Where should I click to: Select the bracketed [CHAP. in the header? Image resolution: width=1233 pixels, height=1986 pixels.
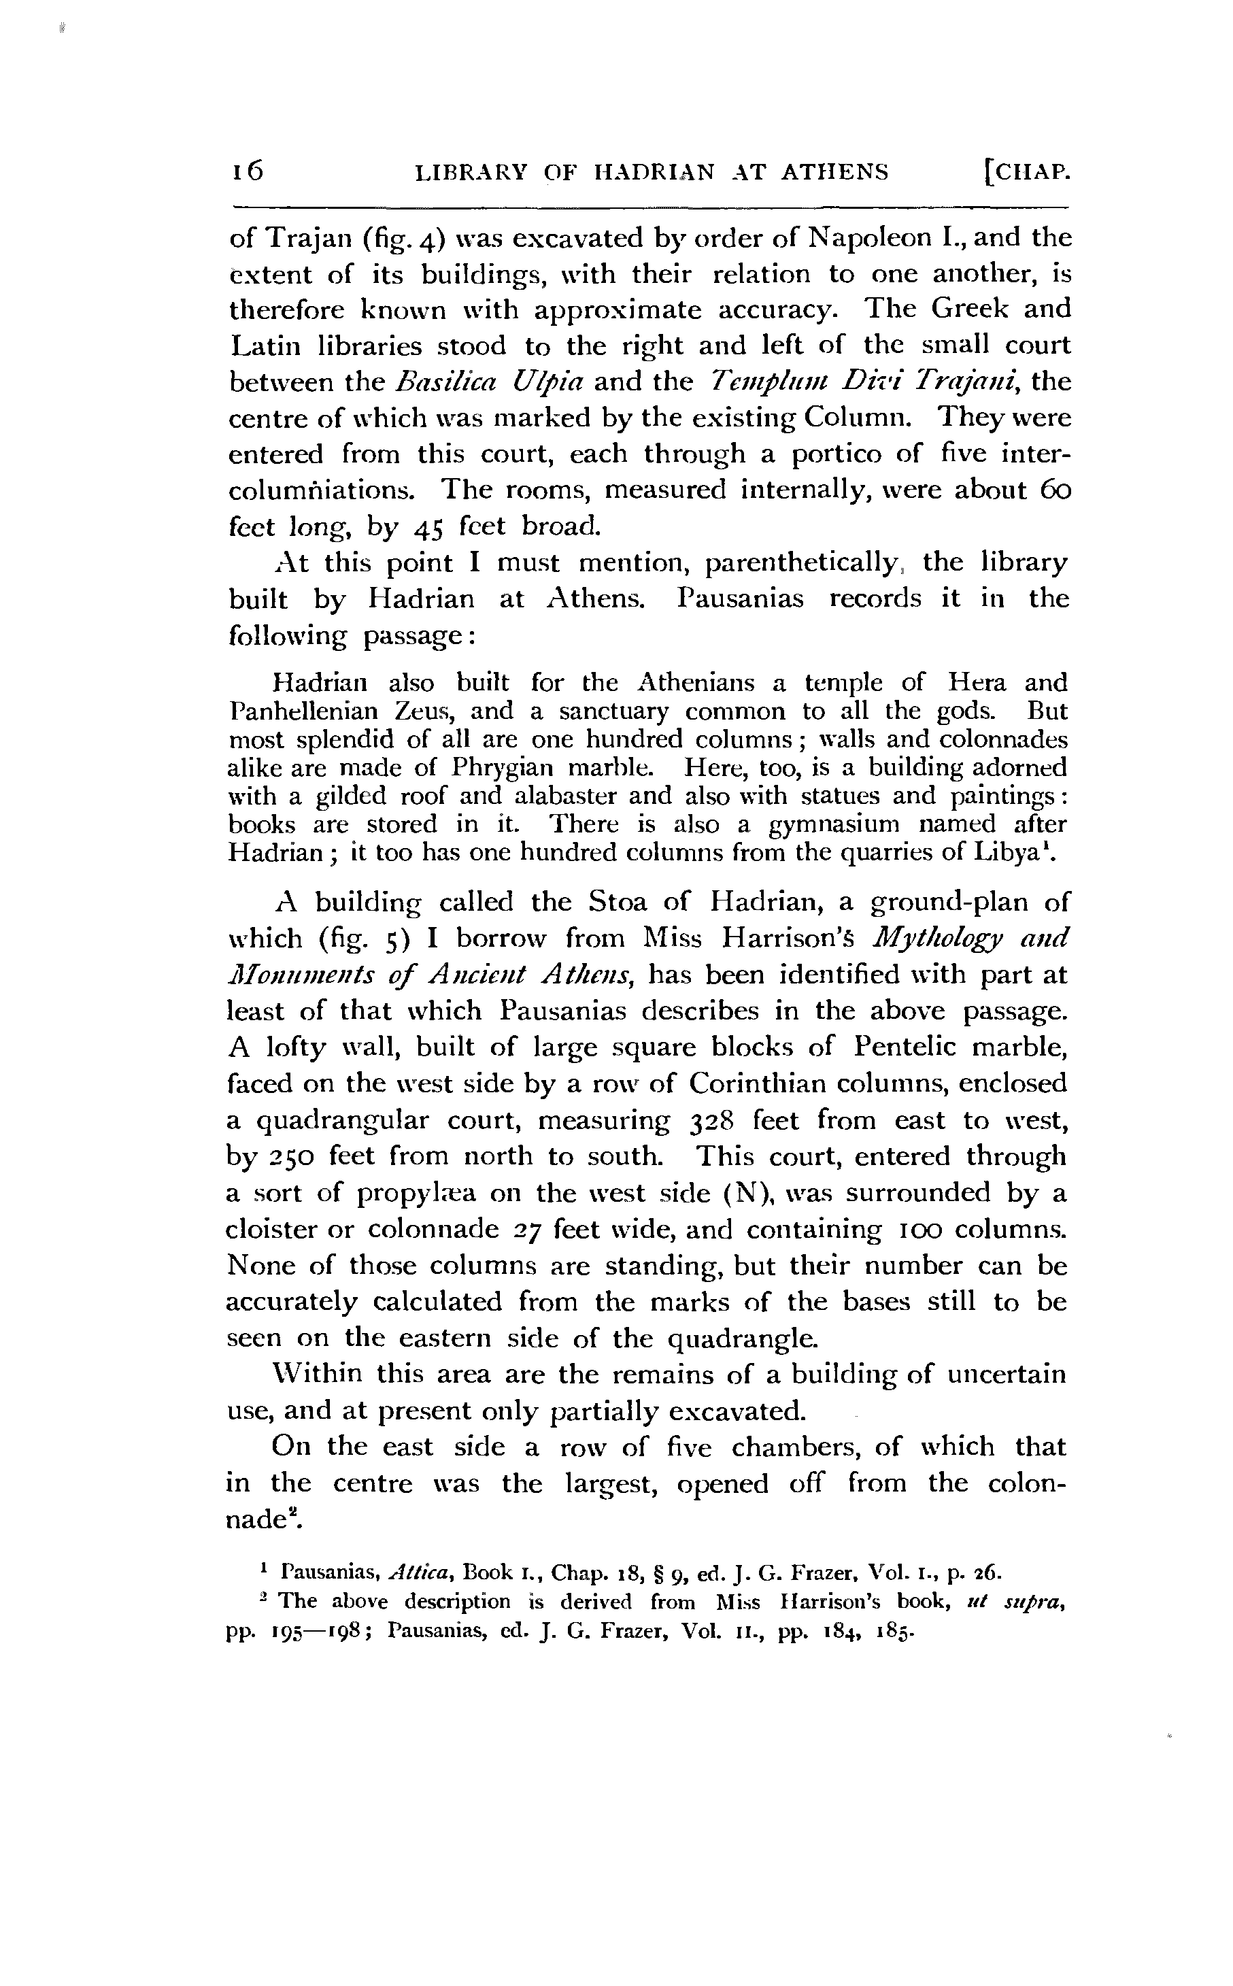tap(1026, 173)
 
